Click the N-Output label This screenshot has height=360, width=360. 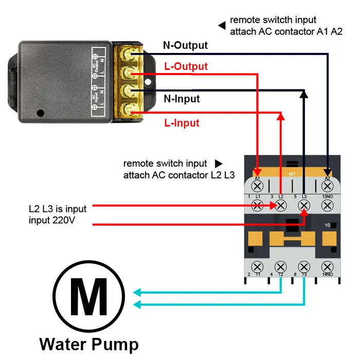[x=185, y=45]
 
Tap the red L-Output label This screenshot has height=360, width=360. [x=186, y=66]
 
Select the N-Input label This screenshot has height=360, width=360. [x=182, y=99]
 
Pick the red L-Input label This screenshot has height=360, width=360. [x=182, y=123]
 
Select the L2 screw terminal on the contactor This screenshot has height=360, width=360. [x=281, y=206]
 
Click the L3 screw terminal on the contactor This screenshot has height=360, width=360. [x=304, y=206]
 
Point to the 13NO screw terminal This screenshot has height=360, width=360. [x=327, y=206]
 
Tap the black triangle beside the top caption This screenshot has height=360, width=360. [x=222, y=25]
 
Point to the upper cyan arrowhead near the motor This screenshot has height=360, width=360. [x=137, y=293]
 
